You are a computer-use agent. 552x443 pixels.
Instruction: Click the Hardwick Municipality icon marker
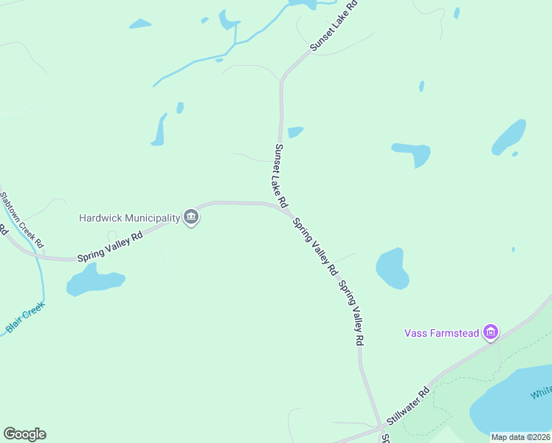191,217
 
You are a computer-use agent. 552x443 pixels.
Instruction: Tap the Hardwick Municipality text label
130,218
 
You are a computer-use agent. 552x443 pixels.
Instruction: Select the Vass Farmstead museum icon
491,333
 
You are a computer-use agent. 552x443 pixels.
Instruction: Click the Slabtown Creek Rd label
22,219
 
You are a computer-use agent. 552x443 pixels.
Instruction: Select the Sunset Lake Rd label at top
334,25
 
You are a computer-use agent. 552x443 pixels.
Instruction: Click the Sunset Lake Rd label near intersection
280,175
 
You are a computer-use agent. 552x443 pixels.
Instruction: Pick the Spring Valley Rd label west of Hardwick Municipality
110,247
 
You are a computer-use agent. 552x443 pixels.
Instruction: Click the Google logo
24,434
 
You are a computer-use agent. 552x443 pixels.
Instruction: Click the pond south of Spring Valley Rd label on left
94,281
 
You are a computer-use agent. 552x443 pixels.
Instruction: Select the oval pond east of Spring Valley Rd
393,268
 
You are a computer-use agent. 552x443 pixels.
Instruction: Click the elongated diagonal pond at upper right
509,136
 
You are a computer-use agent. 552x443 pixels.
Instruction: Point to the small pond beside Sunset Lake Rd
295,132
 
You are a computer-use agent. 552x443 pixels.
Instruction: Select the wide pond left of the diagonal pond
412,153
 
